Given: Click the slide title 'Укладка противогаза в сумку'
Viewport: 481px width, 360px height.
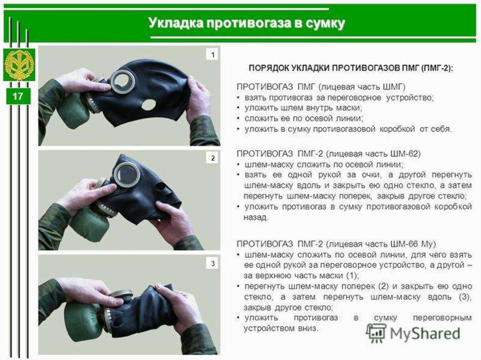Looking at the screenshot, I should coord(247,23).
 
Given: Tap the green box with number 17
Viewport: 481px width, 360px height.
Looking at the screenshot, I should coord(18,98).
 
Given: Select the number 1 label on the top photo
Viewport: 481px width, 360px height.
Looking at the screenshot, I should coord(213,55).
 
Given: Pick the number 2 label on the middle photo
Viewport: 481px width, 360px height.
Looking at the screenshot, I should coord(213,159).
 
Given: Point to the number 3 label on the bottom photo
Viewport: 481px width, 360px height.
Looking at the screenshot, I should coord(213,264).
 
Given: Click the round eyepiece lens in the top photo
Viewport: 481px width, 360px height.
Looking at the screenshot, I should coord(124,81).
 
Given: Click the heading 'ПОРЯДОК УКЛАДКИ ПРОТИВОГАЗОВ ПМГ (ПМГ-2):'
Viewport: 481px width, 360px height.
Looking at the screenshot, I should coord(351,68).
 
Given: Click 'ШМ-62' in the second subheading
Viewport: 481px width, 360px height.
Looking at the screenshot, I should coord(406,153).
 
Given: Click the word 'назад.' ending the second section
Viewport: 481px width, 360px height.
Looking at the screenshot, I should coord(256,218).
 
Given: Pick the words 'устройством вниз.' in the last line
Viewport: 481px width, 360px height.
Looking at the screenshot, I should coord(280,329).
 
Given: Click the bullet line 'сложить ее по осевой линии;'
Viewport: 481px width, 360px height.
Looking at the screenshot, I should coord(303,118).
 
